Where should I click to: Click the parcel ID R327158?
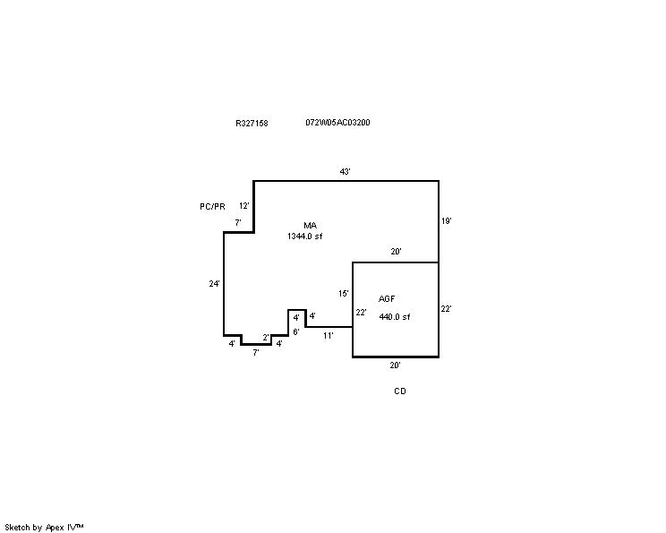(252, 124)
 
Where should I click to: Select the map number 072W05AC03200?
(337, 123)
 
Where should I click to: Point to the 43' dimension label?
(345, 172)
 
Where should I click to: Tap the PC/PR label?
(212, 207)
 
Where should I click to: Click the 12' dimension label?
(244, 206)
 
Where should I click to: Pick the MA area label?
(310, 226)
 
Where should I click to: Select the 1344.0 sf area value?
(305, 236)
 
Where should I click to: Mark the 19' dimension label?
(447, 221)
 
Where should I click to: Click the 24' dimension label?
(215, 283)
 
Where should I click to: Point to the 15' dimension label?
(344, 294)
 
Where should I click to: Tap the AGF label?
(387, 299)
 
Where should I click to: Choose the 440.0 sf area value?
(395, 317)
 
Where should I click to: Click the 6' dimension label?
(296, 332)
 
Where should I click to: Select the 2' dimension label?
(266, 338)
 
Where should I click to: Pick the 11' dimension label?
(329, 336)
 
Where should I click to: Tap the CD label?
(400, 391)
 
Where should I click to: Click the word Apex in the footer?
(55, 528)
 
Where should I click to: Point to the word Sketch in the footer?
(17, 528)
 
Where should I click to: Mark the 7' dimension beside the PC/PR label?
(238, 223)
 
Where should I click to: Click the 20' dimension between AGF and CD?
(396, 365)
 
